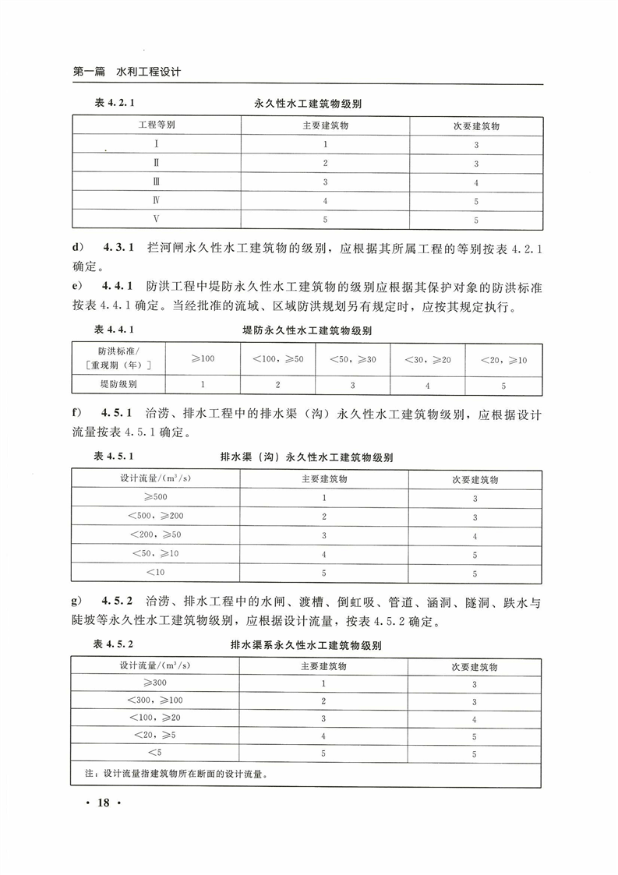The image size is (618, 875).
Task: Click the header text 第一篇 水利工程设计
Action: pos(126,72)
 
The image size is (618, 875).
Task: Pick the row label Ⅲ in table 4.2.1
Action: pos(157,182)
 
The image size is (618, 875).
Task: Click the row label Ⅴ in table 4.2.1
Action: pos(157,220)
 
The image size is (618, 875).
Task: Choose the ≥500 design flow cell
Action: pos(155,497)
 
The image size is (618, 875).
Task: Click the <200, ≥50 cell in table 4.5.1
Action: pos(155,535)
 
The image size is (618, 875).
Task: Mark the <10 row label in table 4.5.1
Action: pos(155,573)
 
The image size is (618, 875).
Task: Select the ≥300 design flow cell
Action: pos(155,683)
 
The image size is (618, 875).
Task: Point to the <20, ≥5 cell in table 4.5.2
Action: pos(155,736)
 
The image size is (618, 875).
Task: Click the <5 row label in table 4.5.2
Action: pos(155,753)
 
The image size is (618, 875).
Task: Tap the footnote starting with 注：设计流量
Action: pos(176,774)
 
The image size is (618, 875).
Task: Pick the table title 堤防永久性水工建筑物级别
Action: pos(307,330)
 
